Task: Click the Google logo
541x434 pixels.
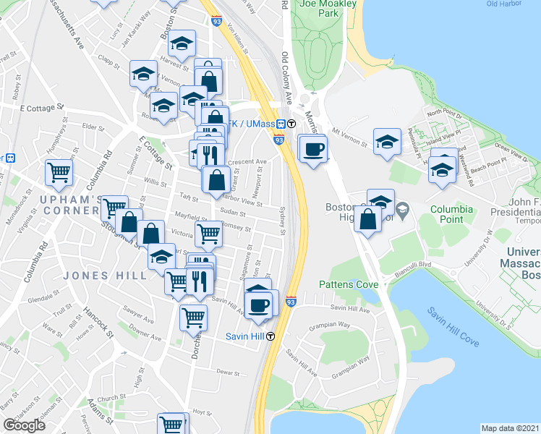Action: (x=24, y=425)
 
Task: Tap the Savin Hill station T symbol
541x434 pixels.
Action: (x=270, y=336)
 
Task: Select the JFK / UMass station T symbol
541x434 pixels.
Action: (x=291, y=123)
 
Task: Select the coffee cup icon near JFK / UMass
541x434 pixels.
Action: (x=312, y=149)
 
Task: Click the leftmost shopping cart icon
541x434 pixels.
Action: (x=59, y=172)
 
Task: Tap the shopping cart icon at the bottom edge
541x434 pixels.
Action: (x=171, y=424)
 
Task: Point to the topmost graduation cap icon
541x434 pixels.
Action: (x=182, y=42)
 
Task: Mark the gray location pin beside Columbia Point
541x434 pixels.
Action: (x=404, y=209)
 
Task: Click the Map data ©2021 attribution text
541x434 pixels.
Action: (x=510, y=428)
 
